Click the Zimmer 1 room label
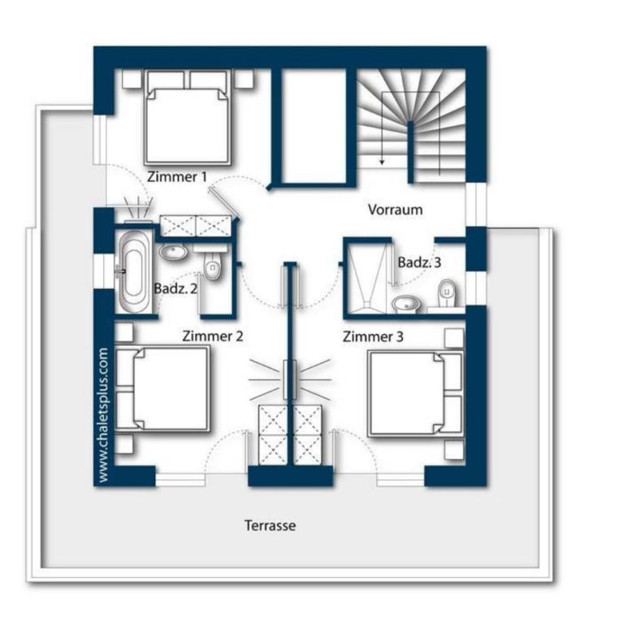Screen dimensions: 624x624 click(177, 176)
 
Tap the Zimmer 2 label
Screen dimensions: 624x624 click(213, 336)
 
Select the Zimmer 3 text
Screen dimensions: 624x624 click(373, 336)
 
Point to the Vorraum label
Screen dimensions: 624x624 click(395, 210)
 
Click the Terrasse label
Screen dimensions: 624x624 click(271, 526)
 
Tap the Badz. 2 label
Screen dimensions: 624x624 click(175, 288)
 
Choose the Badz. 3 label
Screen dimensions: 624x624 click(419, 262)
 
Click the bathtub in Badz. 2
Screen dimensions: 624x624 click(133, 271)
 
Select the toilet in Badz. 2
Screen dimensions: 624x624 click(213, 264)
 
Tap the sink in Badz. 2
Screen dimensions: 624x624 click(174, 252)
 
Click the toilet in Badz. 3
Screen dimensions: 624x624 click(447, 293)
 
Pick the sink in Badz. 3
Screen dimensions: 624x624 click(406, 304)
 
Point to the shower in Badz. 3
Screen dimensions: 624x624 click(367, 278)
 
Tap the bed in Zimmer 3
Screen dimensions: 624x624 click(415, 393)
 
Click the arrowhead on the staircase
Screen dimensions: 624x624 click(382, 162)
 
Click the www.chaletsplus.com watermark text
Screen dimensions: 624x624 click(102, 415)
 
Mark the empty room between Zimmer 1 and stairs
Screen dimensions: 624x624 click(314, 125)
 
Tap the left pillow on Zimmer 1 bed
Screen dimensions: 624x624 click(166, 80)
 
